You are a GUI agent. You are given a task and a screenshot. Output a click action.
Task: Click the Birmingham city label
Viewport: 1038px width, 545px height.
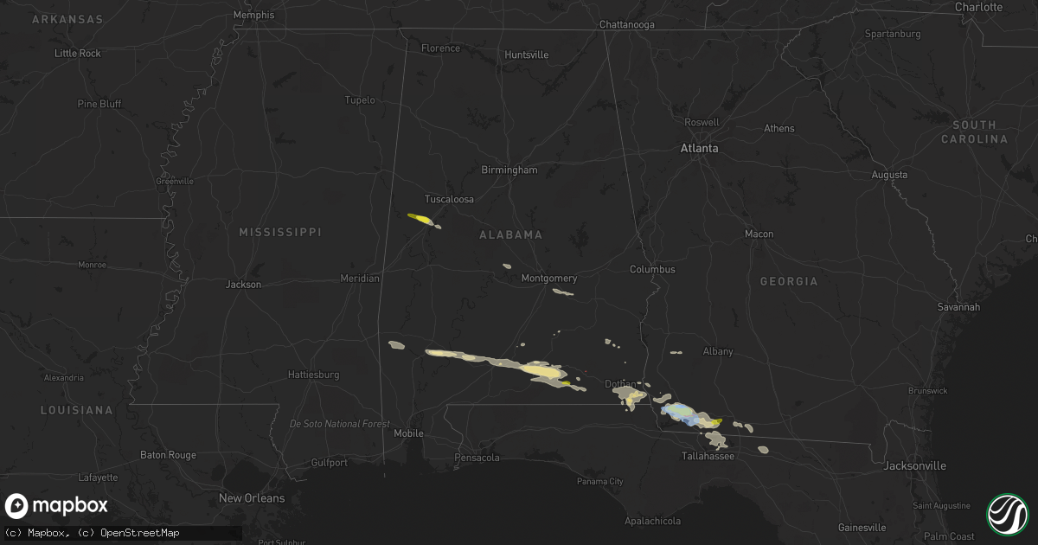(509, 170)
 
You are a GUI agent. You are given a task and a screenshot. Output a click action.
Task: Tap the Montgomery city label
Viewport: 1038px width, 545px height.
(549, 279)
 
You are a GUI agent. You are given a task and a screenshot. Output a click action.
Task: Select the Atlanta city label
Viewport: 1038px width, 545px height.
(699, 149)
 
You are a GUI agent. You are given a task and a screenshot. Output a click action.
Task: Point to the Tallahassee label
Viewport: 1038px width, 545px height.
(708, 455)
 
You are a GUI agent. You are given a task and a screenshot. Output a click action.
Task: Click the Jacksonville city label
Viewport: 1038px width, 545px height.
(914, 466)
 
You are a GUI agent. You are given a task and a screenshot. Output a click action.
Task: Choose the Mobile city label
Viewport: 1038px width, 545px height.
(409, 433)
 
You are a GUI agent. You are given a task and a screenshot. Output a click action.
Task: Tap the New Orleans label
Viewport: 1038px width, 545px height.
(252, 498)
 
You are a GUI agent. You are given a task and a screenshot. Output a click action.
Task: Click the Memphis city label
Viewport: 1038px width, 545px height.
(254, 15)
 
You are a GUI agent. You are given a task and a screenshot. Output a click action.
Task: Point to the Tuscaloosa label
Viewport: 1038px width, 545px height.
(449, 199)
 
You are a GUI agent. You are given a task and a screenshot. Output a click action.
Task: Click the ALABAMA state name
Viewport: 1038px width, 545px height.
(511, 235)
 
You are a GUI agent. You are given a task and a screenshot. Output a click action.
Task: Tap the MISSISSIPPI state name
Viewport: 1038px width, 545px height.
(279, 233)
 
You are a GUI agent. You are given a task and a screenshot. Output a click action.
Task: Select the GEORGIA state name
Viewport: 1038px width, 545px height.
(788, 282)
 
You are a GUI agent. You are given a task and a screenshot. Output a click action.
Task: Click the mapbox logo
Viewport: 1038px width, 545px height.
(56, 506)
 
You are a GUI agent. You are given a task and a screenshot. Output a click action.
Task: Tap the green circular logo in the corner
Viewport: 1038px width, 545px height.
(1007, 513)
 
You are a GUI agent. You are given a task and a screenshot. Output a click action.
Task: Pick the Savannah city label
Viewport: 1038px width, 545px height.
(958, 307)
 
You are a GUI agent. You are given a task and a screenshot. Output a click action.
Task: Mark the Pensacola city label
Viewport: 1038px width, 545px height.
(478, 457)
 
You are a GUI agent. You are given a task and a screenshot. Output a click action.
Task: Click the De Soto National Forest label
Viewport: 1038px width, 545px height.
(340, 424)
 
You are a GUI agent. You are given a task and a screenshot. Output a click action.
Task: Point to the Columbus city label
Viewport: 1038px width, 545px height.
(652, 270)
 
